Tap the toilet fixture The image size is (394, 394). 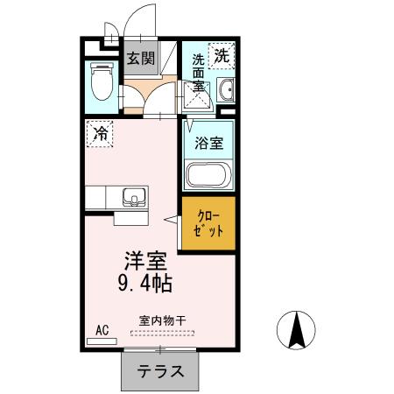coord(102,83)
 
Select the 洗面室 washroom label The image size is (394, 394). coord(199,73)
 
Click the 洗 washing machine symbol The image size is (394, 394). coord(222,55)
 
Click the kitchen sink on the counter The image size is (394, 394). coord(133,196)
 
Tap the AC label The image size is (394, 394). coord(101,329)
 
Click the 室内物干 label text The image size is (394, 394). coord(162,320)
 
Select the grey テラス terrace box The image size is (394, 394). coord(160,369)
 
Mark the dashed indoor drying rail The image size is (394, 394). coord(163,333)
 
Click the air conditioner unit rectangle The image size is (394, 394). coord(102,340)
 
